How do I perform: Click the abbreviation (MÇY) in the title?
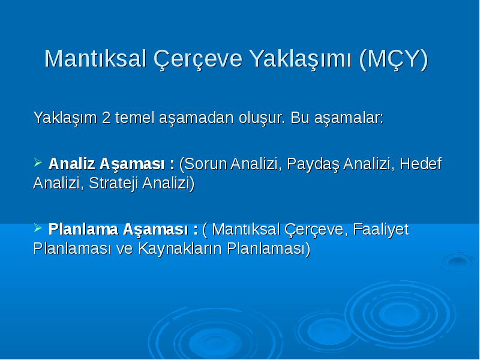tap(394, 59)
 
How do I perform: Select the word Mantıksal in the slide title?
tap(95, 58)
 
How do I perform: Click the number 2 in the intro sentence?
tap(106, 118)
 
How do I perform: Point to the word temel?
tap(134, 118)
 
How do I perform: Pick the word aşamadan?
tap(196, 118)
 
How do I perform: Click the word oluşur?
tap(262, 118)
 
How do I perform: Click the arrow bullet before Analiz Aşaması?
tap(38, 162)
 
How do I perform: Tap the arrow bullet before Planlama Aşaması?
tap(38, 227)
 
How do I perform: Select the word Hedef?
tap(421, 163)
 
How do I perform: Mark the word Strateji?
tap(115, 184)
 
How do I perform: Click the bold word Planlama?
tap(83, 229)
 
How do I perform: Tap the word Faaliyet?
tap(381, 229)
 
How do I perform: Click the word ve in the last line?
tap(124, 249)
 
